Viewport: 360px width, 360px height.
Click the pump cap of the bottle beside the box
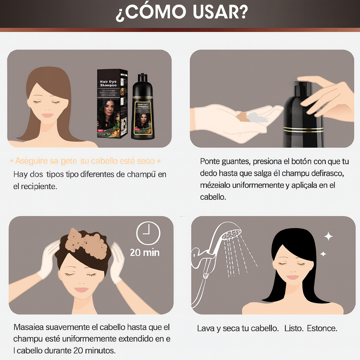click(x=142, y=78)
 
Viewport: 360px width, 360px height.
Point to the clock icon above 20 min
click(x=148, y=233)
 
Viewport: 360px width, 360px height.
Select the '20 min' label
click(x=144, y=252)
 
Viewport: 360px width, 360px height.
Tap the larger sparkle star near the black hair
click(x=328, y=236)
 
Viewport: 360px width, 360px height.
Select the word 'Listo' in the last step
click(x=293, y=328)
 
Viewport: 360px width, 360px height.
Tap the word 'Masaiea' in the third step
click(x=28, y=327)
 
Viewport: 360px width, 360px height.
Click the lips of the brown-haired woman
click(x=47, y=115)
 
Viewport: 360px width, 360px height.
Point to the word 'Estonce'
click(x=322, y=328)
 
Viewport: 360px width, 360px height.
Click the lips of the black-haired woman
click(x=292, y=277)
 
